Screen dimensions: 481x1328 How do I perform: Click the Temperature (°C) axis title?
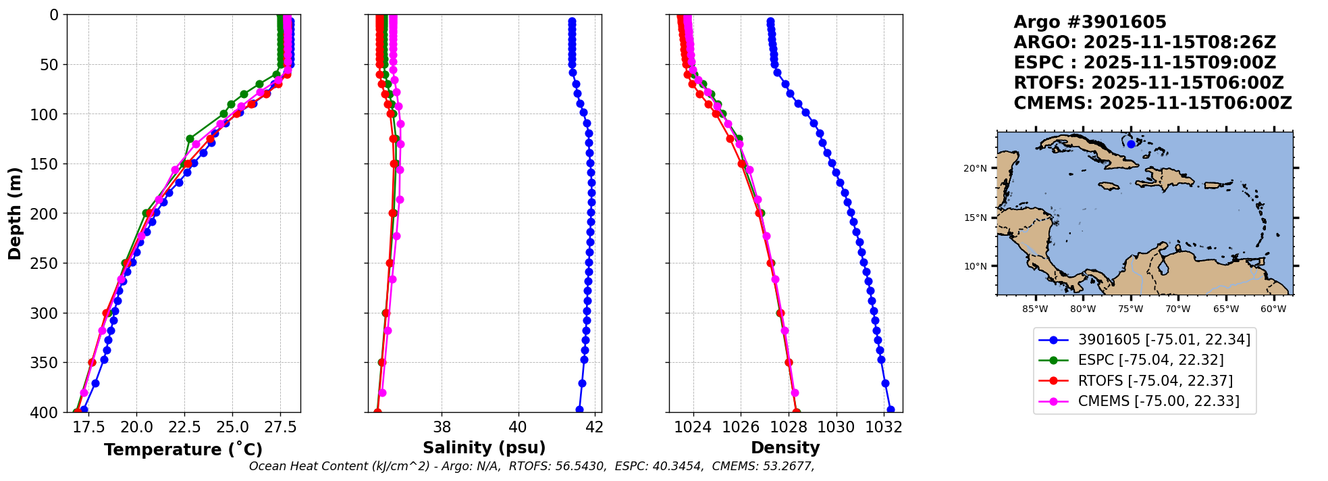pos(183,449)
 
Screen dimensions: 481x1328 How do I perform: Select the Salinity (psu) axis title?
pos(484,448)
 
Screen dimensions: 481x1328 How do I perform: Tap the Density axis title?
pos(785,448)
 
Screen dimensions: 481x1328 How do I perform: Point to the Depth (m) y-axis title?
pos(15,213)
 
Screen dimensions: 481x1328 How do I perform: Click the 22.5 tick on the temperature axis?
pos(184,427)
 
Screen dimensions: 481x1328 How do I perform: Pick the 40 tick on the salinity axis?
pos(518,427)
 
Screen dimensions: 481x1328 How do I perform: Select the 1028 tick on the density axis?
pos(789,427)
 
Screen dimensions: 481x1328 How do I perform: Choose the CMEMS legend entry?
pos(1158,401)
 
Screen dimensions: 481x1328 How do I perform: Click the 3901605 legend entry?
pos(1163,340)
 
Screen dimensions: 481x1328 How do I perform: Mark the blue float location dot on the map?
pos(1131,144)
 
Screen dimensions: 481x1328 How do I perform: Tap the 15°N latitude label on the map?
pos(975,218)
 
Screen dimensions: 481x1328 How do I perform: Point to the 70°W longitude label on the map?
pos(1178,309)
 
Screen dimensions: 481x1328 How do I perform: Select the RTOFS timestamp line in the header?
pos(1148,83)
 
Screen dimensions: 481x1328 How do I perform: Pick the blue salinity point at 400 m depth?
pos(579,409)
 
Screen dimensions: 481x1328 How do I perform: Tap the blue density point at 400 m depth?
pos(891,409)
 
